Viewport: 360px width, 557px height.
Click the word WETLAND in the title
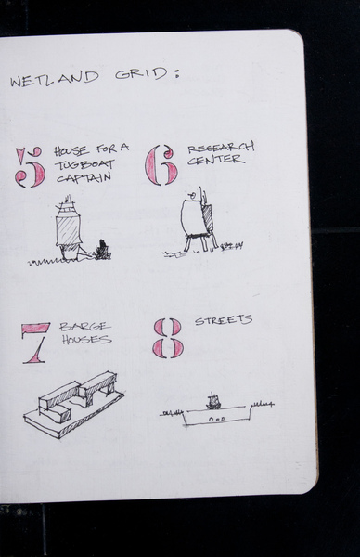coord(55,79)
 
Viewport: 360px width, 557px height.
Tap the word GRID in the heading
coord(141,74)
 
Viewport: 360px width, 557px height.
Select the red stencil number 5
coord(31,167)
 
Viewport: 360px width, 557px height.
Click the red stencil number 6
coord(161,165)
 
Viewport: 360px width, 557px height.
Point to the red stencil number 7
coord(35,343)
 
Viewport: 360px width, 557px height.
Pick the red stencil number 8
coord(168,338)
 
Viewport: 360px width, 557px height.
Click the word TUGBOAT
coord(84,165)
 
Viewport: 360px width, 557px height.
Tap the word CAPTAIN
coord(84,177)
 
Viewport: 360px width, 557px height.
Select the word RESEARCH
coord(221,148)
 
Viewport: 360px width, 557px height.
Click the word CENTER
coord(216,160)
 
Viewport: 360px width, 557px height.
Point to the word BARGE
coord(84,327)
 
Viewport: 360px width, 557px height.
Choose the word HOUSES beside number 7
coord(87,339)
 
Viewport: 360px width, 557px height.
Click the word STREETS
coord(224,320)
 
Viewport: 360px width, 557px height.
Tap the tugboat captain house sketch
coord(69,228)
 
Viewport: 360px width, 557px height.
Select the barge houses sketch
coord(74,405)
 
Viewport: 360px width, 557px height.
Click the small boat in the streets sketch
coord(212,401)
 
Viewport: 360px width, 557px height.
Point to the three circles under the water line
coord(216,420)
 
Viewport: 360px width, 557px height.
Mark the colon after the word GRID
coord(176,72)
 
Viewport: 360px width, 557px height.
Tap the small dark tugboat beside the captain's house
coord(102,250)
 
